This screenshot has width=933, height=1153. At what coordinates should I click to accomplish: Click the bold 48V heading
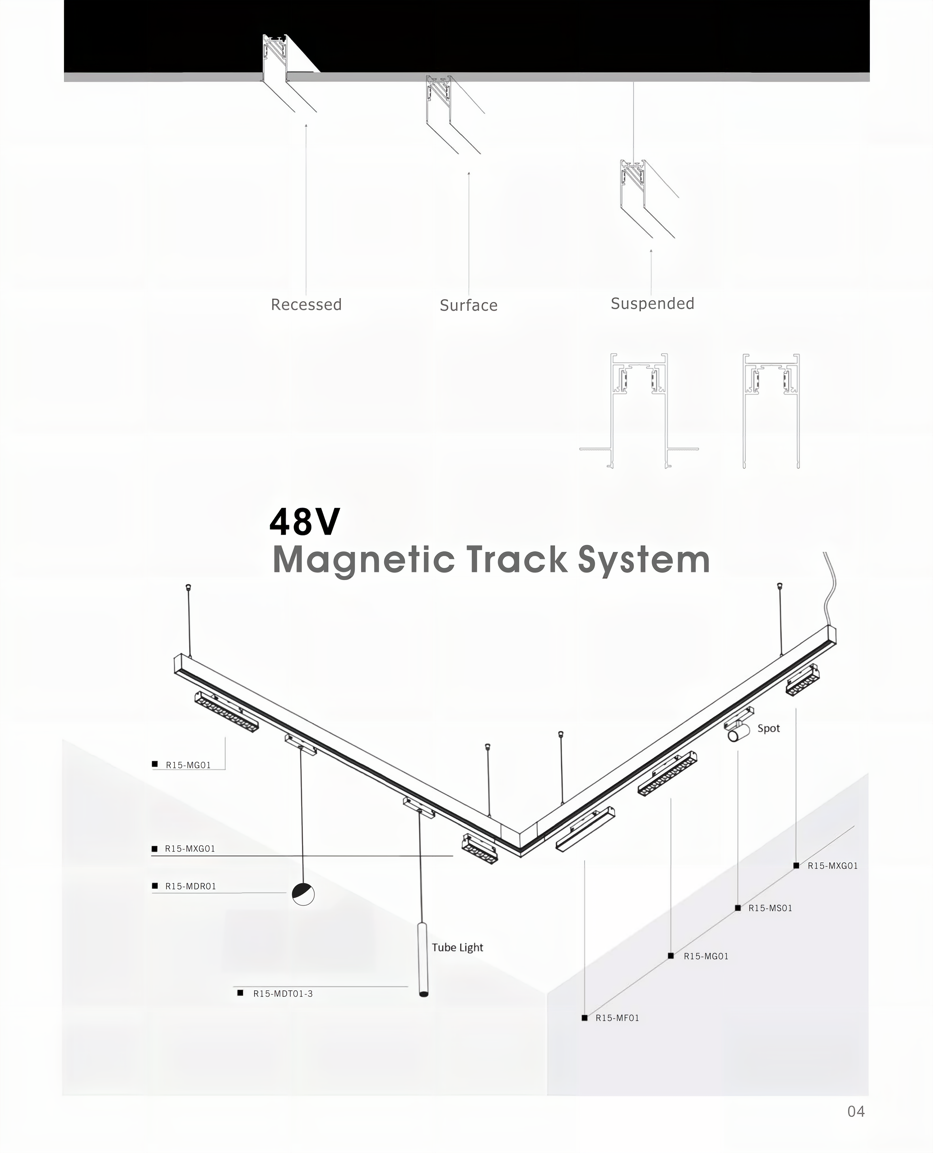point(305,522)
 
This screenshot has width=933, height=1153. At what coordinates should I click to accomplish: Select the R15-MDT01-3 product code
point(283,994)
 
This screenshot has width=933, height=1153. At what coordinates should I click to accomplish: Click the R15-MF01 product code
point(617,1018)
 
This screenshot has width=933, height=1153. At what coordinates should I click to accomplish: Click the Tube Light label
point(457,948)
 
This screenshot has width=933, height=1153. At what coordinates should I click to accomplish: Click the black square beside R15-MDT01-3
point(240,993)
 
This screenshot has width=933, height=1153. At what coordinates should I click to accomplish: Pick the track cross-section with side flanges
point(639,411)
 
